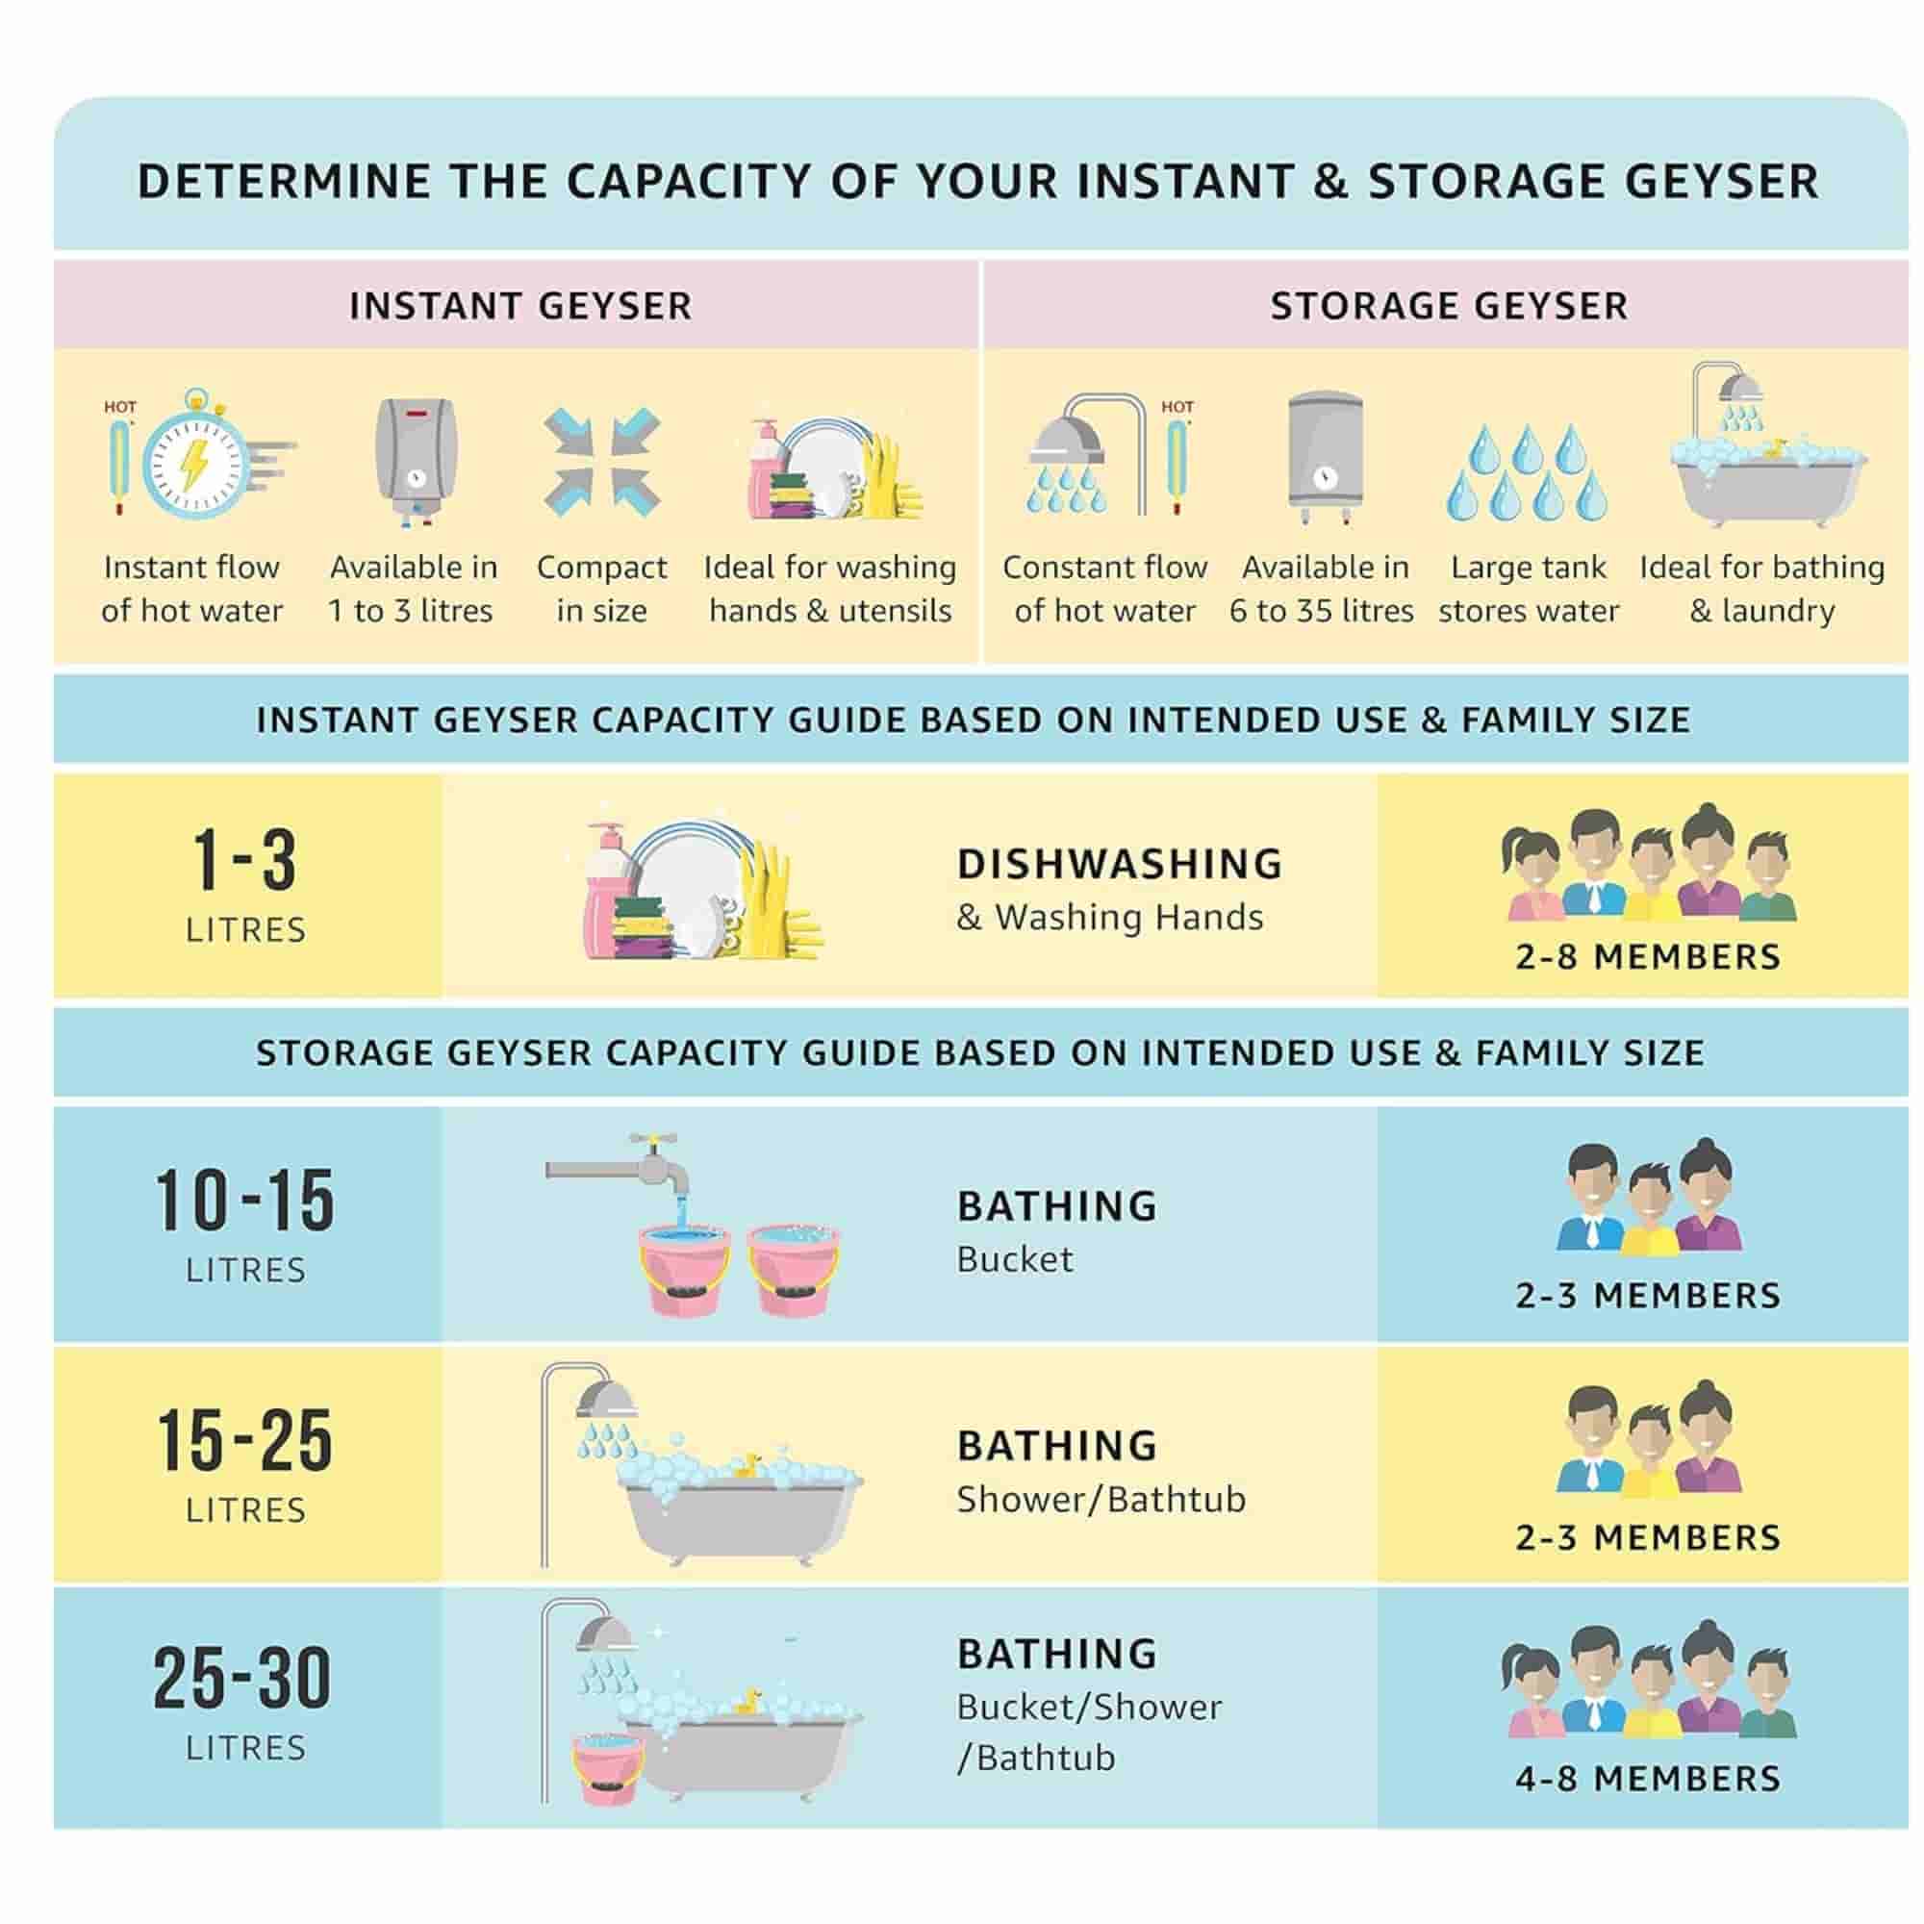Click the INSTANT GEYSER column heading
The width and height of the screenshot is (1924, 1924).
point(519,306)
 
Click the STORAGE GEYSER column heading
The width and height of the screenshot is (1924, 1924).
point(1449,306)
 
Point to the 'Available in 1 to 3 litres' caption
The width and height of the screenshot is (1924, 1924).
point(413,589)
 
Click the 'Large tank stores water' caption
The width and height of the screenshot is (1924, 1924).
point(1529,589)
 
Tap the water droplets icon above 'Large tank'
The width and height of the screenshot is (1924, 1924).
point(1527,471)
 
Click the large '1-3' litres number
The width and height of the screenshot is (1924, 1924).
point(245,859)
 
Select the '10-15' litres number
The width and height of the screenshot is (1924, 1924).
point(245,1200)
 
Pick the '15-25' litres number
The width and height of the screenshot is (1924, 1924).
point(245,1440)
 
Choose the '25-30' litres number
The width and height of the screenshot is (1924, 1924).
point(243,1678)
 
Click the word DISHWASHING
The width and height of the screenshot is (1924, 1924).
point(1121,865)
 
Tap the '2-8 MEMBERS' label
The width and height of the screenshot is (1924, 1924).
point(1648,957)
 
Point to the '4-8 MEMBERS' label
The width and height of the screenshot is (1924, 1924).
point(1648,1779)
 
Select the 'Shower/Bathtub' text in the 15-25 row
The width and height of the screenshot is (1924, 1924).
point(1101,1499)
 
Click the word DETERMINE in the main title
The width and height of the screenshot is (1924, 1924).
point(284,182)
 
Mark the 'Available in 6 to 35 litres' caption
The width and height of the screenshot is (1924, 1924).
point(1323,589)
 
